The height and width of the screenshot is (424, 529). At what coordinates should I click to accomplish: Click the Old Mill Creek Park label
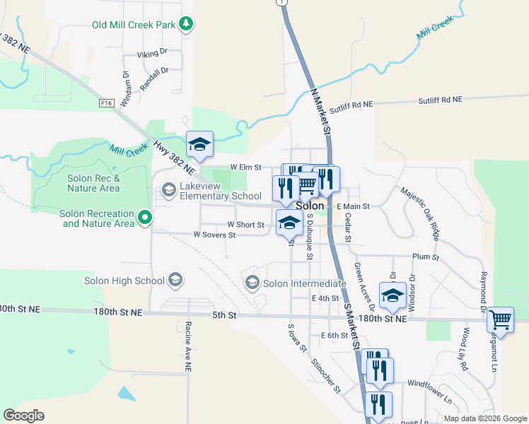click(133, 25)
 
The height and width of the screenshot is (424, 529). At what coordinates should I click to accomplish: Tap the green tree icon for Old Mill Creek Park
click(185, 25)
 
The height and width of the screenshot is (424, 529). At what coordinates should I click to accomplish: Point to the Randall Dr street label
click(155, 75)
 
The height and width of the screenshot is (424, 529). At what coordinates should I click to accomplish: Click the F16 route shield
click(107, 103)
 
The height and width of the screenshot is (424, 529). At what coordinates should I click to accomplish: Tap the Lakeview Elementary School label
click(221, 191)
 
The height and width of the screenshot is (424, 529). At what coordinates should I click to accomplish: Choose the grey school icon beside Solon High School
click(174, 281)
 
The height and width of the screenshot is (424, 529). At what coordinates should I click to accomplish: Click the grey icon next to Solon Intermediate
click(252, 283)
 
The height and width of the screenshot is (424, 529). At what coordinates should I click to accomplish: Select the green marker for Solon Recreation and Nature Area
click(145, 217)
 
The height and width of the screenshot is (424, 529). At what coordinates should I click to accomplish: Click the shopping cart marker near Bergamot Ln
click(500, 319)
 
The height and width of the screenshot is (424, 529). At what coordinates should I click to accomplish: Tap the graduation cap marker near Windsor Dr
click(392, 295)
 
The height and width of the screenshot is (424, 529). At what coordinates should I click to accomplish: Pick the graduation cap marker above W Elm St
click(199, 144)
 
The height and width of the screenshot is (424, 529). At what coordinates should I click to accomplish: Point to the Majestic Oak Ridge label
click(420, 212)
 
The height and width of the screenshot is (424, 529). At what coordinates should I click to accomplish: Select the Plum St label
click(426, 257)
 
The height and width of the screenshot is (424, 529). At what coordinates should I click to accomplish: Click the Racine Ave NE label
click(188, 346)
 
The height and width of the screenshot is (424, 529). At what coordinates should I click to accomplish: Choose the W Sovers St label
click(214, 235)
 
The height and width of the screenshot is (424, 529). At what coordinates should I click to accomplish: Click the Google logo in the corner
click(23, 416)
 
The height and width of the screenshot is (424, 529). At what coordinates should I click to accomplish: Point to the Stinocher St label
click(325, 375)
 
